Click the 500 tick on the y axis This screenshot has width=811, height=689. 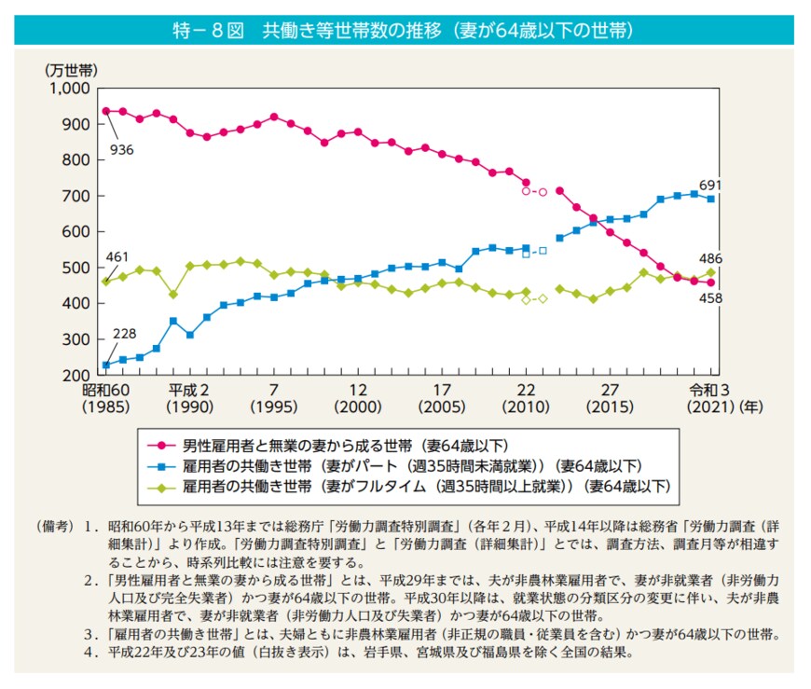[x=74, y=268]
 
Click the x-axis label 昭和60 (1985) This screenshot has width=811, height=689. [x=105, y=399]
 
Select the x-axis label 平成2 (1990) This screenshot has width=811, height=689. [x=189, y=399]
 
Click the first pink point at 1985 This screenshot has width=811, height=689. [x=105, y=111]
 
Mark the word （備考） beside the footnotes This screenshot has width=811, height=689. [x=51, y=528]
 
